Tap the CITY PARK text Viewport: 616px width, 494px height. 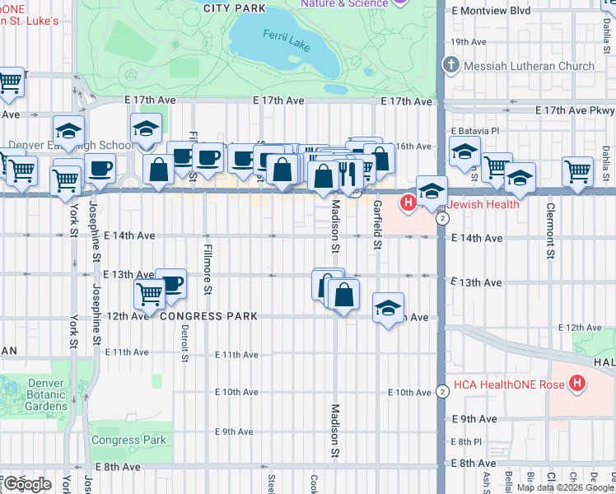pos(235,7)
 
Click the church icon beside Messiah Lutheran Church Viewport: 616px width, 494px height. pos(450,65)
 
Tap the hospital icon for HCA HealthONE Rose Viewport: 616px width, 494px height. pos(577,383)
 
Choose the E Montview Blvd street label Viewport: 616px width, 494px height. pos(491,11)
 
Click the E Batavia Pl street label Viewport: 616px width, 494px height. pos(475,130)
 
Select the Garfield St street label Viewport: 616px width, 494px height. pos(377,223)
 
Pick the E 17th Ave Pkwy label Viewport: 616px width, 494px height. pos(575,110)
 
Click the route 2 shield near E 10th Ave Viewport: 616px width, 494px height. pos(442,391)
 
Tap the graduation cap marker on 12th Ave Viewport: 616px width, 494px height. pos(389,309)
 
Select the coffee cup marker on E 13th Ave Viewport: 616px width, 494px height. pos(170,284)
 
